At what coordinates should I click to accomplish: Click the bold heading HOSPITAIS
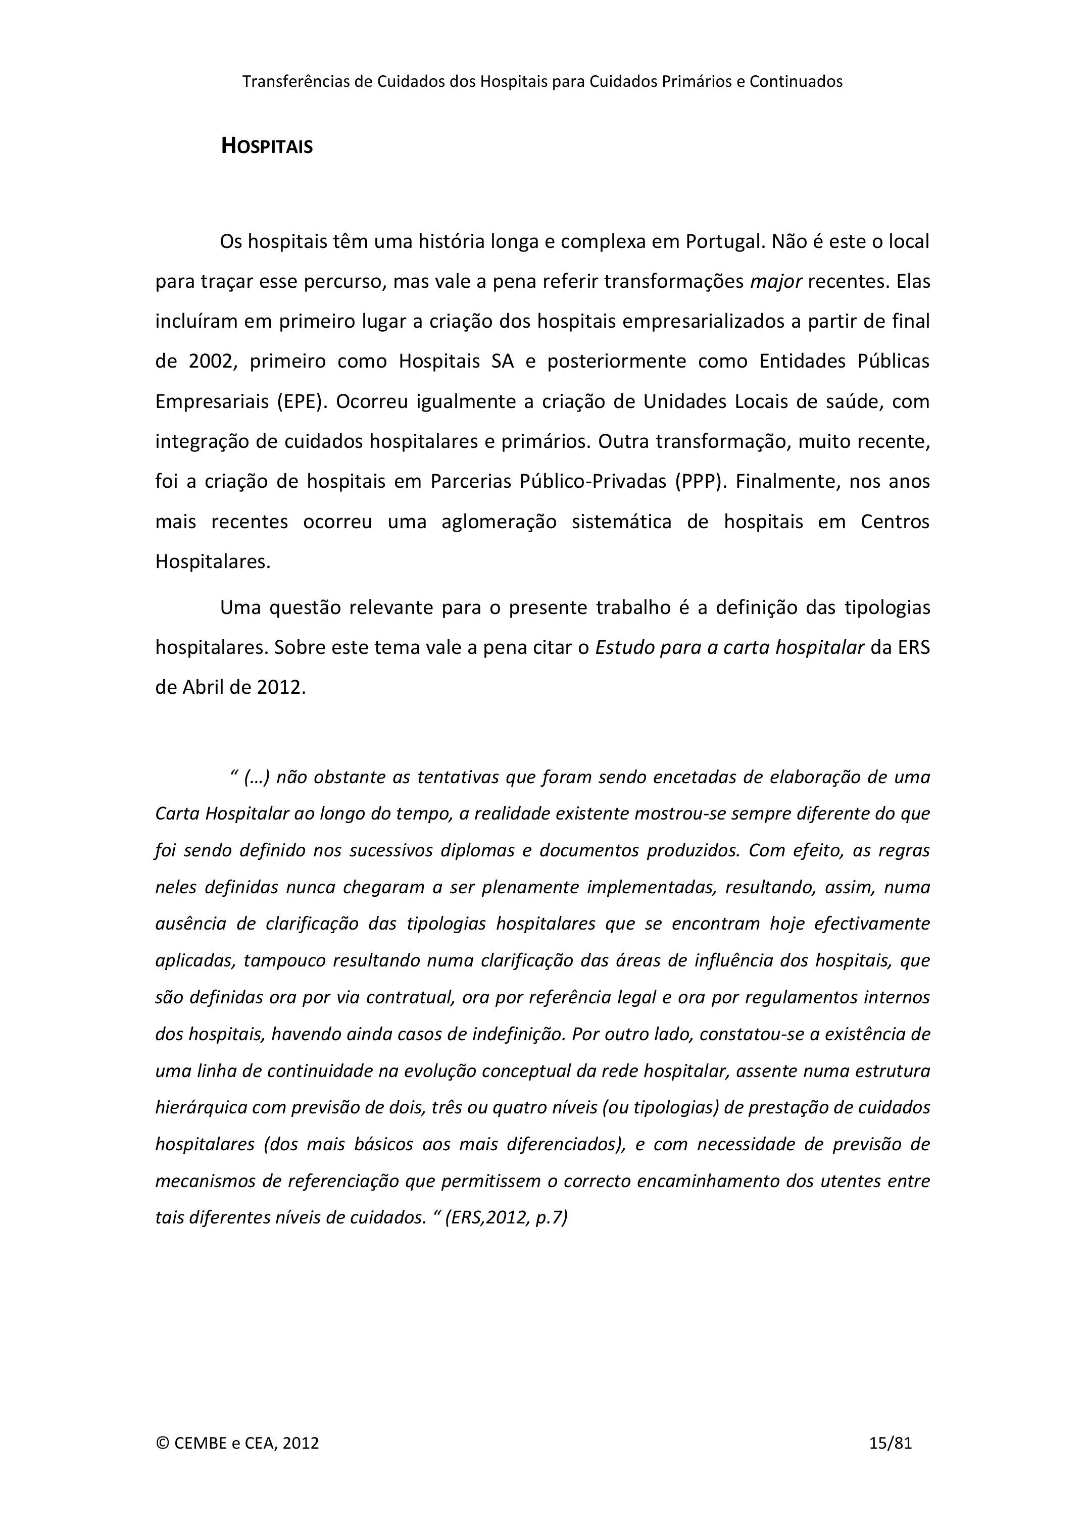coord(267,146)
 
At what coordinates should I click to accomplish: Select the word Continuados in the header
coord(796,82)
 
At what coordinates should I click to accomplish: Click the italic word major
coord(776,281)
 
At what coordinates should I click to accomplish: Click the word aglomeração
coord(499,522)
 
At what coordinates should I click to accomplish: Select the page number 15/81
coord(890,1443)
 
